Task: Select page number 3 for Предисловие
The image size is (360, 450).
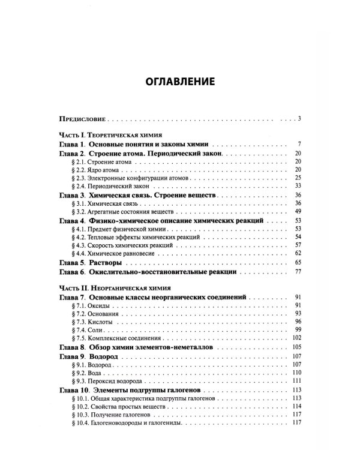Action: (298, 118)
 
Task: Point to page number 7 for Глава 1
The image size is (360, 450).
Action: (298, 145)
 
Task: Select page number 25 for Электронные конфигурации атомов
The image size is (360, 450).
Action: (297, 179)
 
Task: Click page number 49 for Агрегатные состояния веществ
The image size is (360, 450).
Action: (297, 213)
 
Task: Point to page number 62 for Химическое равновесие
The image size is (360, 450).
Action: (297, 255)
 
